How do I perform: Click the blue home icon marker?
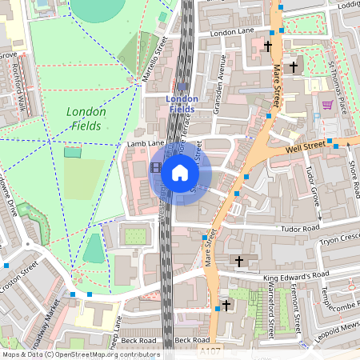[180, 172]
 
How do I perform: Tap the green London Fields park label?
[84, 119]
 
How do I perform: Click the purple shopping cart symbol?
[326, 105]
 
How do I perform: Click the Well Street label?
[307, 146]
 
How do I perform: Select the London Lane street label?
[230, 33]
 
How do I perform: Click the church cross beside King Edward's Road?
[238, 262]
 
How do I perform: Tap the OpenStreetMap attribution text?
[80, 354]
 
